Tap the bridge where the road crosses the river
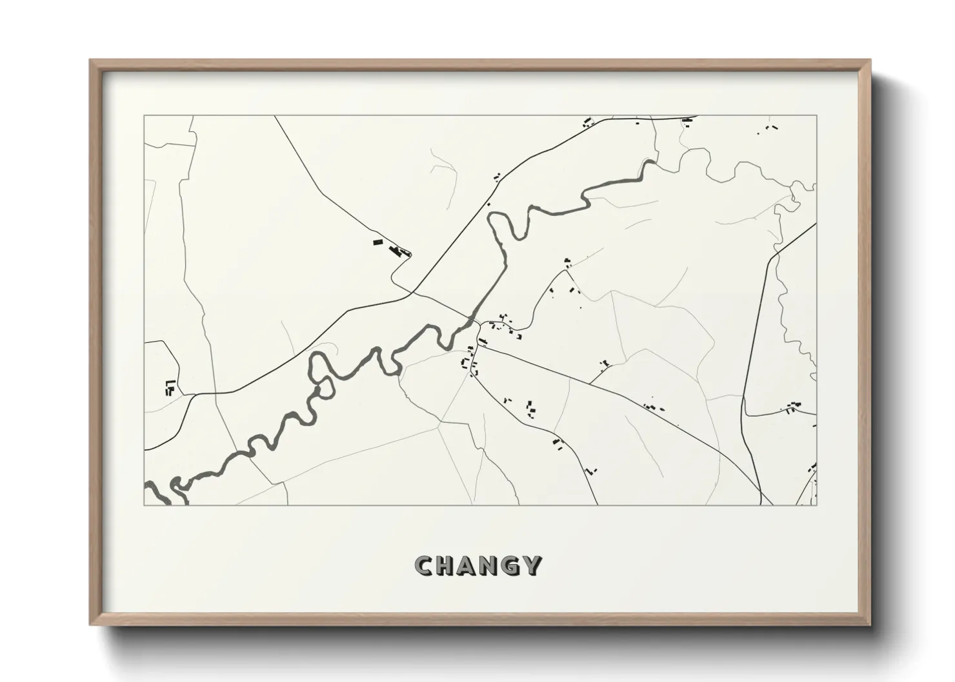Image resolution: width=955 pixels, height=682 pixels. click(475, 320)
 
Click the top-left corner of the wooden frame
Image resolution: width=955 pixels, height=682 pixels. click(90, 61)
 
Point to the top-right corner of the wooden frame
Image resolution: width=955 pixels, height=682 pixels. click(870, 61)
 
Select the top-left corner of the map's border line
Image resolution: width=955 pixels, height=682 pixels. click(144, 116)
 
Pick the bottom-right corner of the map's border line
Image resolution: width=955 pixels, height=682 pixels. click(816, 505)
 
